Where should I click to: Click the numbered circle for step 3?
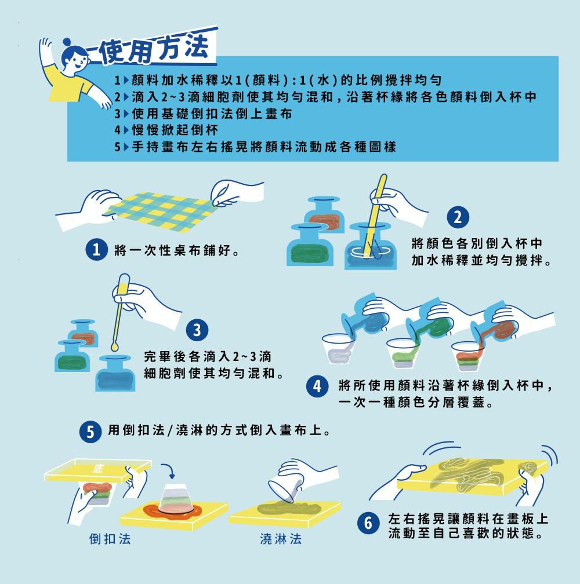click(197, 330)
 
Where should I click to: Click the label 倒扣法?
click(110, 539)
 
